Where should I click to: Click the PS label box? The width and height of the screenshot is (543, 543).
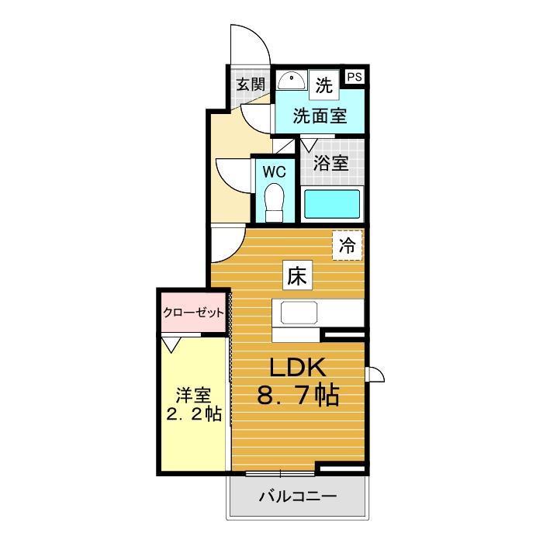point(355,76)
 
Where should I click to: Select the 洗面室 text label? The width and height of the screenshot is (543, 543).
point(319,116)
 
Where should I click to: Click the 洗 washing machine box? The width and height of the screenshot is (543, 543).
point(324,84)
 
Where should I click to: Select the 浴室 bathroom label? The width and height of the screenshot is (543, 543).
point(330,164)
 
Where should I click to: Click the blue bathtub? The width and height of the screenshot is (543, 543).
point(332,204)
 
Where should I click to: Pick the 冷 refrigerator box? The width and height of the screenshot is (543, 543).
point(347,246)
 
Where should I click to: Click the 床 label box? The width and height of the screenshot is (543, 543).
point(299,275)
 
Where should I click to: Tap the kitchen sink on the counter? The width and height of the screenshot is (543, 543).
point(298,313)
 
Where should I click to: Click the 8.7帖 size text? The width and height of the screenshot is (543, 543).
point(298,397)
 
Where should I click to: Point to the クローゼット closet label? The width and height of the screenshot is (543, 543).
point(193,312)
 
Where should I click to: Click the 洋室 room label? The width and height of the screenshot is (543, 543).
point(192,395)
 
